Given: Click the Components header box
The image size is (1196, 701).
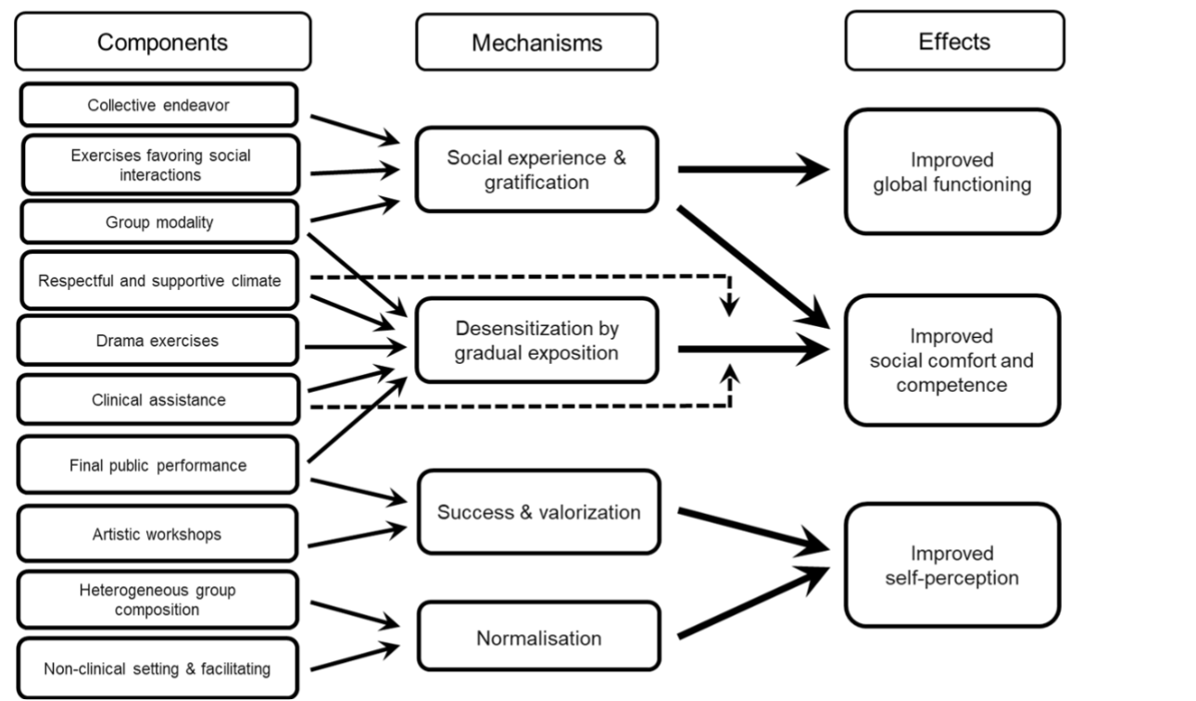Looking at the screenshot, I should point(162,42).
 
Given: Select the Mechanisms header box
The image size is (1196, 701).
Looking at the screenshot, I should point(536,43).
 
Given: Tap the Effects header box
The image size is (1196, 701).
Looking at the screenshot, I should point(954,42).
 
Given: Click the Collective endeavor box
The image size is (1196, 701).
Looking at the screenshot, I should point(158,105).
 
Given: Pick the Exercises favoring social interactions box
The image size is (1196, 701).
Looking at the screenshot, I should point(159,165).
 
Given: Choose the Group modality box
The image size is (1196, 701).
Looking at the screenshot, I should point(158,222).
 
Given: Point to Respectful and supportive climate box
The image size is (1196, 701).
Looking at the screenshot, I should point(158,281).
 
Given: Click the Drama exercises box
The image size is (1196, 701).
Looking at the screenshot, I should point(158,340).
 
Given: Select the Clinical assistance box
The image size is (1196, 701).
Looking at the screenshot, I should point(158,400).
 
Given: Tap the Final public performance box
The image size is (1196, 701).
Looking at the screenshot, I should point(158,465).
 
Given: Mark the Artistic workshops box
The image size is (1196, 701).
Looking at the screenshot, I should point(158,533).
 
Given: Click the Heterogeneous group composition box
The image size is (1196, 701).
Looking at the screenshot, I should point(158,601).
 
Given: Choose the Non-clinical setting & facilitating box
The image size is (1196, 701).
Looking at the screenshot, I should point(158,668).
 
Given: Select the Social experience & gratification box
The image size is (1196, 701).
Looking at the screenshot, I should point(536,169).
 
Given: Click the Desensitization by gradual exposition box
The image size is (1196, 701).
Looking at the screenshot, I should point(536,340).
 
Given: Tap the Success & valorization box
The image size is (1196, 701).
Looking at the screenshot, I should point(538,511).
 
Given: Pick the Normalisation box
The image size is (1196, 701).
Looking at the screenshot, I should point(538,637).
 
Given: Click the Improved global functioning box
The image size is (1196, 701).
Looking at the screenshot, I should point(951,172).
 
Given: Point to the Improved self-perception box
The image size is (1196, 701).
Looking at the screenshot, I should point(951,566).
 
